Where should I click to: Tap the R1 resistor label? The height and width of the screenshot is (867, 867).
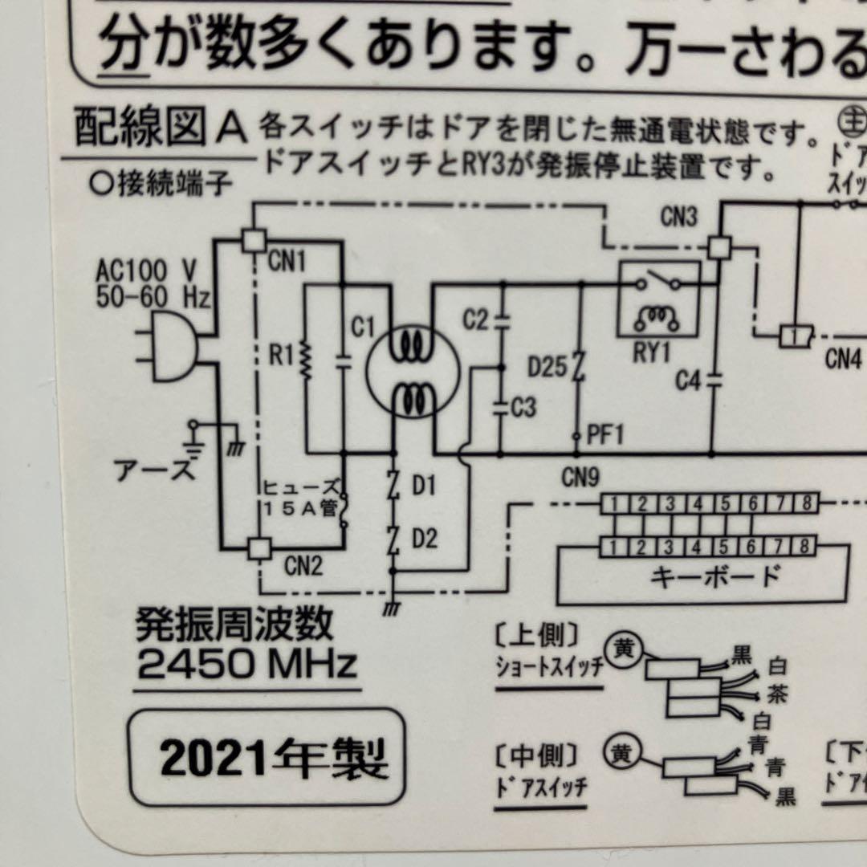(x=281, y=354)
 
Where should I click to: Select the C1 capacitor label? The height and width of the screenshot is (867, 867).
(x=363, y=328)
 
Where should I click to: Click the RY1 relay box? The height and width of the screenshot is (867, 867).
(x=657, y=299)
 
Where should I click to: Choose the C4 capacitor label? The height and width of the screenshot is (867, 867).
(x=688, y=381)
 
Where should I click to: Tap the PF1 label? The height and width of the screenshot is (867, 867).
(x=604, y=436)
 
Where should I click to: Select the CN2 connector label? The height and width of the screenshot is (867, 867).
(x=303, y=567)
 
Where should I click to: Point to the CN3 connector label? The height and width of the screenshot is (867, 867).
(x=679, y=218)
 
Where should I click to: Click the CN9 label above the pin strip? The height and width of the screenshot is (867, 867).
(x=580, y=479)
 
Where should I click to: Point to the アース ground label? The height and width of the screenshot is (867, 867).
(x=155, y=470)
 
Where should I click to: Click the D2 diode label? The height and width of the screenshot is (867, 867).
(x=425, y=539)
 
